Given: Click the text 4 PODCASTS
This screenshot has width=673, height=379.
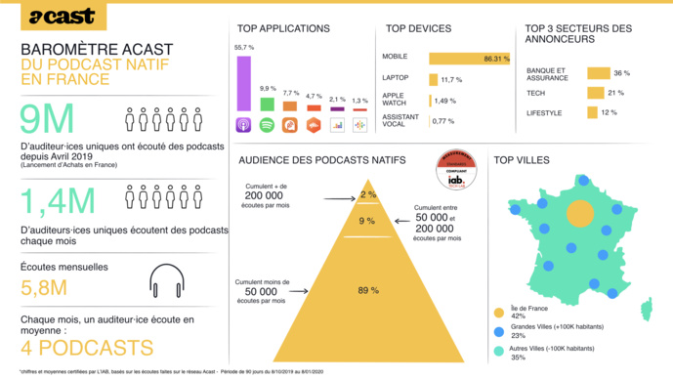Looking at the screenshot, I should click(x=87, y=348).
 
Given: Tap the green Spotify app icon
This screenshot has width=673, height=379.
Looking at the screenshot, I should click(x=267, y=125).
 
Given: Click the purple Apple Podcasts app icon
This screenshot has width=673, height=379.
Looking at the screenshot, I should click(x=244, y=125).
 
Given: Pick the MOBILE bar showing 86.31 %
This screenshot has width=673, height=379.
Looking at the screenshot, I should click(x=455, y=59).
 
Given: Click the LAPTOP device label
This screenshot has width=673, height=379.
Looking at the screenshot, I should click(x=397, y=78).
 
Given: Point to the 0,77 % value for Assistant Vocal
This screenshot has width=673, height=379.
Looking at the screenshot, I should click(x=443, y=120).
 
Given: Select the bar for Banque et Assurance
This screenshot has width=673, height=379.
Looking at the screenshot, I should click(x=597, y=73).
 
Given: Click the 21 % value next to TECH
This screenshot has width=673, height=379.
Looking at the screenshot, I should click(x=615, y=93).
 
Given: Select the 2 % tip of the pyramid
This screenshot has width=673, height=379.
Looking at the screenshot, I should click(x=367, y=194).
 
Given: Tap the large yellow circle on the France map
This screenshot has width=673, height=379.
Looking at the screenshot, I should click(x=579, y=213).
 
